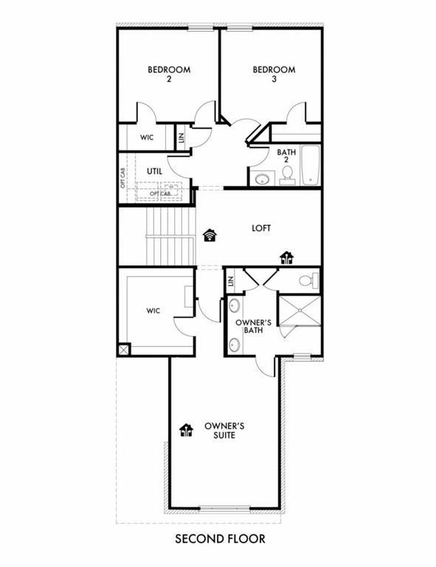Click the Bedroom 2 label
tap(169, 74)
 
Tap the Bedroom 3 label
tap(274, 74)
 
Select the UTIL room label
tap(153, 171)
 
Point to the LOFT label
tap(260, 228)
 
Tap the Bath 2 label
tap(286, 157)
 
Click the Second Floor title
tap(218, 539)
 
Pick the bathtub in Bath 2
tap(310, 165)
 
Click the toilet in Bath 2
tap(288, 173)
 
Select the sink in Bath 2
tap(262, 178)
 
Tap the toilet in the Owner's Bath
tap(311, 281)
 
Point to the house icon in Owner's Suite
tap(186, 430)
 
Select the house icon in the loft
tap(286, 257)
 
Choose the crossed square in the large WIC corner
tap(124, 350)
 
